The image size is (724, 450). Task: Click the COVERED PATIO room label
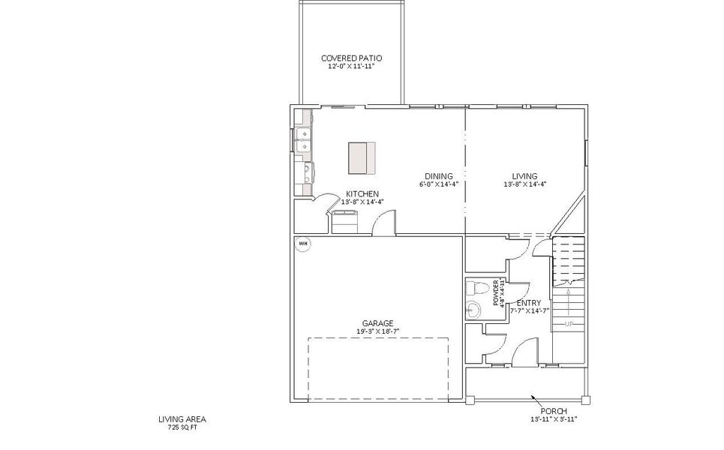(x=351, y=58)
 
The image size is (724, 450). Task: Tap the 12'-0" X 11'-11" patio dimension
(x=351, y=67)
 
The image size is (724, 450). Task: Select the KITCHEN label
(x=362, y=193)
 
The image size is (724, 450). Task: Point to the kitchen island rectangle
(x=361, y=157)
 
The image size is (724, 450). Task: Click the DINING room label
(x=438, y=176)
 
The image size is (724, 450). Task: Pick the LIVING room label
(x=524, y=176)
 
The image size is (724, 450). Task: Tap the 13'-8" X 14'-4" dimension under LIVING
(x=524, y=184)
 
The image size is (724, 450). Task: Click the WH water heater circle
(x=304, y=243)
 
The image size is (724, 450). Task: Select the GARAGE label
(x=378, y=324)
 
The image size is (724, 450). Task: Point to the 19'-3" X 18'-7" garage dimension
(x=378, y=332)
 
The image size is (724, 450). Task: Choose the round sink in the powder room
(x=473, y=309)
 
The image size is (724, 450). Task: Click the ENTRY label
(x=529, y=303)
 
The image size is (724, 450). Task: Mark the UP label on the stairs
(x=569, y=324)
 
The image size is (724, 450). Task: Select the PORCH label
(x=554, y=410)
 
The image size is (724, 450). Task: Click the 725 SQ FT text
(x=182, y=427)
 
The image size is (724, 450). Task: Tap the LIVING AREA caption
(x=182, y=418)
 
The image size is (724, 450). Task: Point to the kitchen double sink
(x=304, y=140)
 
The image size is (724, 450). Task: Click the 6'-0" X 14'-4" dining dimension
(x=438, y=184)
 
